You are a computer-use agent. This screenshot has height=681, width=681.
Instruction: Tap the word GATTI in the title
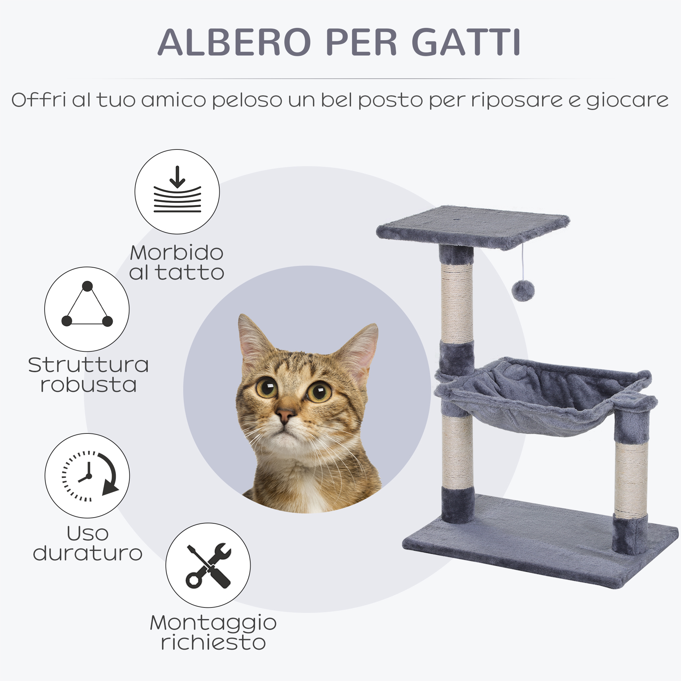(x=466, y=42)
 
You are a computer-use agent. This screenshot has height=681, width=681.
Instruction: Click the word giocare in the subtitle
(x=628, y=100)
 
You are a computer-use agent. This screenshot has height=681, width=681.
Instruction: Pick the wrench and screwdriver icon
(x=208, y=566)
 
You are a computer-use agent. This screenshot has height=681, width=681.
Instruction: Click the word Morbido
(x=177, y=253)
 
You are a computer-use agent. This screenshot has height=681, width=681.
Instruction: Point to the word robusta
(x=89, y=385)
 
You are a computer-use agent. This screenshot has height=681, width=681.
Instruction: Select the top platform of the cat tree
(x=473, y=227)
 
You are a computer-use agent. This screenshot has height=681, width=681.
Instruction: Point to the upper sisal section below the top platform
(x=457, y=303)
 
